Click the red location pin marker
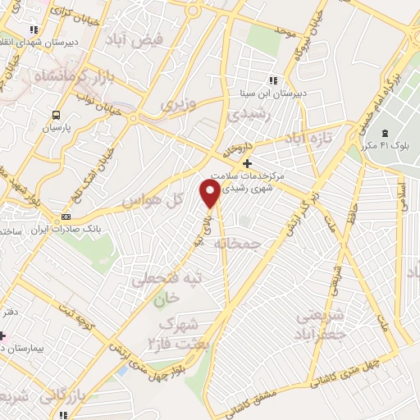pos(210,193)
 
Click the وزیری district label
pos(178,104)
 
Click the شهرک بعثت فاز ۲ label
pos(185,327)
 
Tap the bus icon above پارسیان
pos(57,116)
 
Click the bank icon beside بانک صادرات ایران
pos(66,217)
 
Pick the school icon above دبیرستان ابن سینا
pos(273,80)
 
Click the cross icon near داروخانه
pos(247,162)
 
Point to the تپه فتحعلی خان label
pos(169,287)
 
